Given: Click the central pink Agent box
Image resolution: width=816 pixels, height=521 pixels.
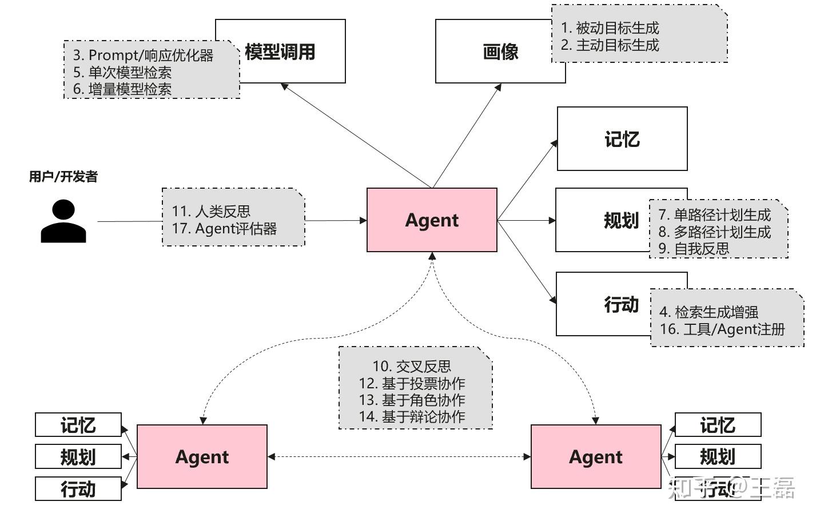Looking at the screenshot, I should click(x=432, y=220).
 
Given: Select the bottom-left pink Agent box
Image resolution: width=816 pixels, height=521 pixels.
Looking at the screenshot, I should click(x=202, y=456).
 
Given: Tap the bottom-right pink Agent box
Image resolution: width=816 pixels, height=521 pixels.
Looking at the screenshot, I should click(x=596, y=456).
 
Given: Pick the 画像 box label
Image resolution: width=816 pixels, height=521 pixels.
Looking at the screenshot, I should click(x=500, y=52).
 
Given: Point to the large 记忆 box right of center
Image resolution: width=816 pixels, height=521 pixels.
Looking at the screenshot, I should click(x=622, y=139).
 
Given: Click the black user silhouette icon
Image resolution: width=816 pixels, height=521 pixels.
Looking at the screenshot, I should click(x=63, y=221).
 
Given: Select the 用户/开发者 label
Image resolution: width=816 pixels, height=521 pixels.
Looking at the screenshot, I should click(x=63, y=177).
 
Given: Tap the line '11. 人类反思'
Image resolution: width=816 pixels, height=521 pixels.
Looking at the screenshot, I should click(x=211, y=212).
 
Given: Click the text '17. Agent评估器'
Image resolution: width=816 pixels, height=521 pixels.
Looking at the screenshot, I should click(x=224, y=229).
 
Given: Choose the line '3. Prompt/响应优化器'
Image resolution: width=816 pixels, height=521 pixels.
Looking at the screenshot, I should click(x=143, y=55).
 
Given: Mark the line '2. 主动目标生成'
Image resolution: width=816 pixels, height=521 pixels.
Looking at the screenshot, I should click(x=610, y=45).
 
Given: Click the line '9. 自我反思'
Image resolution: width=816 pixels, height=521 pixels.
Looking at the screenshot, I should click(x=694, y=249).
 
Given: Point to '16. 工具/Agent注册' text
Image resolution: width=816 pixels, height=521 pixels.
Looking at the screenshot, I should click(x=722, y=329).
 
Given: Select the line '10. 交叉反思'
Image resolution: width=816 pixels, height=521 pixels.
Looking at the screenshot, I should click(x=412, y=367).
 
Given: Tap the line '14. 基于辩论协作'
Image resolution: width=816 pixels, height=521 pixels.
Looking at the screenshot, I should click(x=412, y=417).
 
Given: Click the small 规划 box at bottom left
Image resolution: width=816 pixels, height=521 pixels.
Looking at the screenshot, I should click(x=78, y=457).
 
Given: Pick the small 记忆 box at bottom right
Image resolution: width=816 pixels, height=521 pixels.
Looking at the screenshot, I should click(x=718, y=425).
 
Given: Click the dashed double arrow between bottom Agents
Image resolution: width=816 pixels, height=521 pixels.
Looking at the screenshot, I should click(x=399, y=456).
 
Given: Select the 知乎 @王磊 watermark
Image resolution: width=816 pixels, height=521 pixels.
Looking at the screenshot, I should click(x=731, y=488).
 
